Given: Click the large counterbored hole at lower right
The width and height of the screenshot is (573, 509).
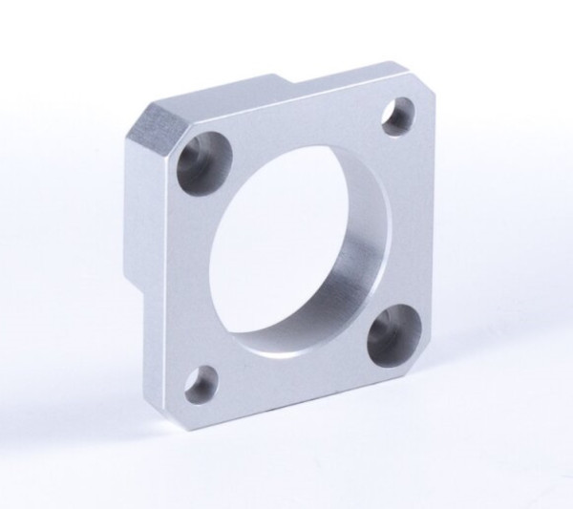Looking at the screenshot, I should tap(392, 334).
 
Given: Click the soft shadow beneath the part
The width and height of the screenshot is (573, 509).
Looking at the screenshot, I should tap(315, 449).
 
